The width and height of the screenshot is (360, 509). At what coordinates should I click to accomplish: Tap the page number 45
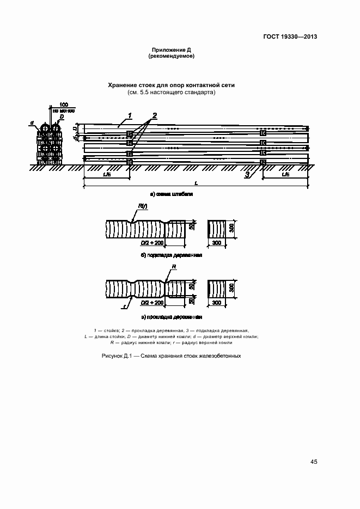click(x=314, y=462)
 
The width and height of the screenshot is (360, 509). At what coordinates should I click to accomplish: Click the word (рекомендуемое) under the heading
click(x=172, y=56)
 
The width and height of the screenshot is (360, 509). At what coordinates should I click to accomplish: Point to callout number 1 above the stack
click(x=130, y=114)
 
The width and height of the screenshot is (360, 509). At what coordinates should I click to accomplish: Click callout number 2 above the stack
click(x=155, y=115)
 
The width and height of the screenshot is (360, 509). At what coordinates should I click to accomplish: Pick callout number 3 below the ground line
click(x=247, y=174)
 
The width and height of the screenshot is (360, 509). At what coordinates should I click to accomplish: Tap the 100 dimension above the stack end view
click(x=64, y=104)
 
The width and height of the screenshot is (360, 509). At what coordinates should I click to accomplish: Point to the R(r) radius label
click(x=141, y=206)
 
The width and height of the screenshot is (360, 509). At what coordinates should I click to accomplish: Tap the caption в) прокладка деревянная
click(x=172, y=316)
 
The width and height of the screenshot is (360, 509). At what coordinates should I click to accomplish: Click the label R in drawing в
click(x=174, y=267)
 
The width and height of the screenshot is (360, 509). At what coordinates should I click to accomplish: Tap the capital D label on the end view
click(x=62, y=116)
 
